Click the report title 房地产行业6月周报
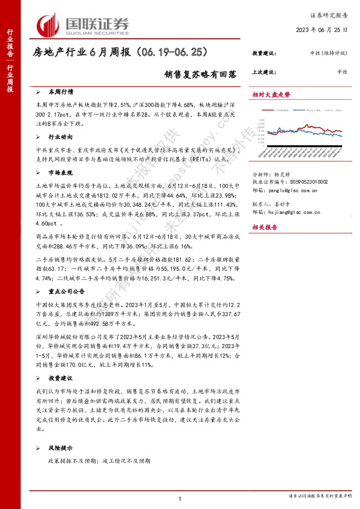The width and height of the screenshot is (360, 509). pyautogui.click(x=114, y=53)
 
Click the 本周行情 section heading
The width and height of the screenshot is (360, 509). pyautogui.click(x=61, y=92)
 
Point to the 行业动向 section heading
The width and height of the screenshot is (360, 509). pyautogui.click(x=61, y=137)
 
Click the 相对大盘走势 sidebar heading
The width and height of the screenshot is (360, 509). pyautogui.click(x=271, y=94)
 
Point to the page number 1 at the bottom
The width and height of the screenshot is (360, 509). pyautogui.click(x=180, y=498)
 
